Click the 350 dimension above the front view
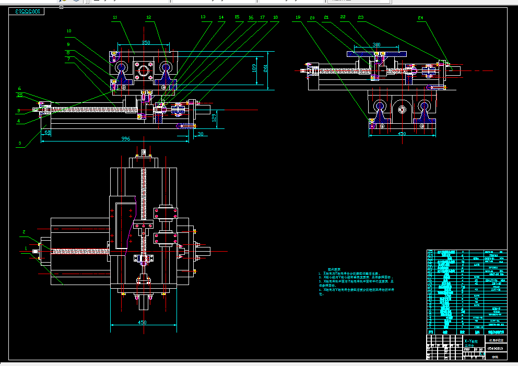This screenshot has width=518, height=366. [146, 42]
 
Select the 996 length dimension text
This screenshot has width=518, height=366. [125, 138]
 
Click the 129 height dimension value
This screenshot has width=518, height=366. [214, 119]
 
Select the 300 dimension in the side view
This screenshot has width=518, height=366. [376, 45]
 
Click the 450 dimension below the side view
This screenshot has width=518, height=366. [402, 134]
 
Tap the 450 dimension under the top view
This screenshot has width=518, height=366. [142, 323]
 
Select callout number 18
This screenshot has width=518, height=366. [275, 17]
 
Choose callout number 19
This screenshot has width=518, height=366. [298, 17]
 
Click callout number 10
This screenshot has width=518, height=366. [68, 31]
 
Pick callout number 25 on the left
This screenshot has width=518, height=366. [20, 95]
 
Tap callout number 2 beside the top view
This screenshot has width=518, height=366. [23, 231]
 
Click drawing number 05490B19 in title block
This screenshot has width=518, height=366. [496, 348]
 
